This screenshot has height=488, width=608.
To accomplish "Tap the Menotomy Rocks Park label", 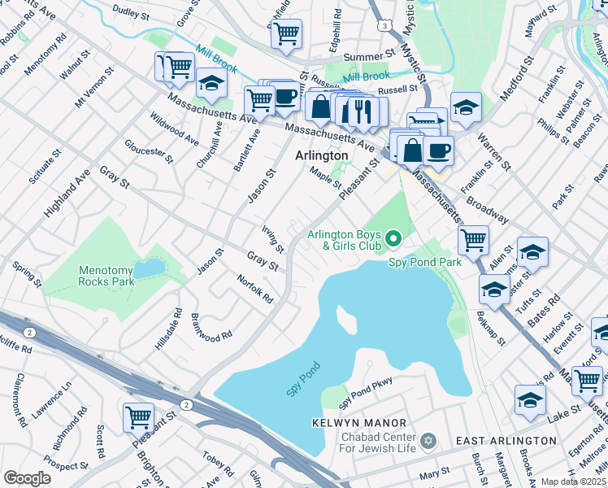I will coord(106,276).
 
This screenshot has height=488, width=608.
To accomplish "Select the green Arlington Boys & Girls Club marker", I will coord(394,238).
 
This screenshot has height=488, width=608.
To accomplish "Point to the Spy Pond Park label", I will coord(424,262).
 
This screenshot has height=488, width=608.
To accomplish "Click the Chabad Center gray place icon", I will coord(430,441).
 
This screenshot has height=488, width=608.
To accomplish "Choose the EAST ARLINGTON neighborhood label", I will coord(506,440).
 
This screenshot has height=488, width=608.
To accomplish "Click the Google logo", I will coord(28,478).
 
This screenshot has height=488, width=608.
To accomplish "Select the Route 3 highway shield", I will coord(382,26).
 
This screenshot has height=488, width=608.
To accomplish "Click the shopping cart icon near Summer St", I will coord(286,34).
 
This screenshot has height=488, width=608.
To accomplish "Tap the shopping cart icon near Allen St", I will coord(473,239).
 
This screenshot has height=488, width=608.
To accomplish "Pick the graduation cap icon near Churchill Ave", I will coord(211,82).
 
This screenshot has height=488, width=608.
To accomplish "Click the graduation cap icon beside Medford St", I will coord(466,107).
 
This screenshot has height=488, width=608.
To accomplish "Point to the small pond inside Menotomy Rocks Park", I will coord(148,268).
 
